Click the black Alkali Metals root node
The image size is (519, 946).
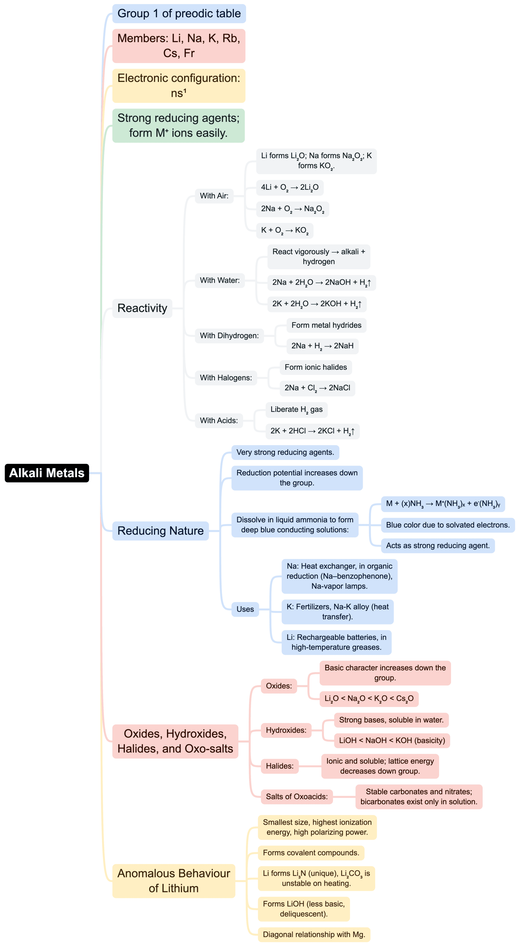click(x=47, y=473)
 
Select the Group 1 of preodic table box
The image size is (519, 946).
click(x=179, y=14)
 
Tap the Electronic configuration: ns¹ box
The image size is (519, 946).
click(x=179, y=86)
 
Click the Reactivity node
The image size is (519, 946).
click(x=142, y=308)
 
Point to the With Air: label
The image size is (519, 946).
click(x=214, y=196)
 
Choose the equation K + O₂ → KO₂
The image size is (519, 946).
click(x=285, y=231)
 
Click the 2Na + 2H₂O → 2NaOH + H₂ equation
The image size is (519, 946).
click(x=321, y=282)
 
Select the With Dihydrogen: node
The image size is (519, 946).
click(x=229, y=336)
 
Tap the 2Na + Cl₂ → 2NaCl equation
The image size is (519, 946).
click(x=317, y=388)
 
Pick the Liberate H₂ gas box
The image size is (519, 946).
click(x=296, y=409)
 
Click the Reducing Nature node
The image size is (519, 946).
click(x=161, y=531)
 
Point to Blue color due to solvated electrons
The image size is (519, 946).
click(x=448, y=525)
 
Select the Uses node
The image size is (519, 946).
click(x=245, y=609)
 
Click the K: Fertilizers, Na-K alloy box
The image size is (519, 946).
click(x=338, y=612)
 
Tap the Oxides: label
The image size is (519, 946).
click(x=279, y=686)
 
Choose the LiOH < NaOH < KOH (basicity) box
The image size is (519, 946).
click(x=392, y=741)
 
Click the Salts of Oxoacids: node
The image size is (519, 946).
click(x=296, y=796)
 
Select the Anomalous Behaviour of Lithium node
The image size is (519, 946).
click(x=174, y=881)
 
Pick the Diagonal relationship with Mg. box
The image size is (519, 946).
click(x=314, y=935)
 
